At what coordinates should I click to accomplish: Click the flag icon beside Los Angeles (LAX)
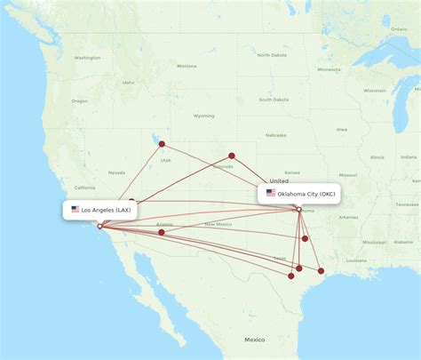(x=75, y=210)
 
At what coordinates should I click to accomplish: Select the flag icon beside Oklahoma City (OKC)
(x=271, y=193)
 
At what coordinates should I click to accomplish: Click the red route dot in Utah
(x=162, y=143)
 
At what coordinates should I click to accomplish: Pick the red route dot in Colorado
(x=232, y=156)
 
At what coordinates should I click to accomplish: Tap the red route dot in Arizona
(x=161, y=232)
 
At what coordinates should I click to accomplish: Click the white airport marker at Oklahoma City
(x=299, y=210)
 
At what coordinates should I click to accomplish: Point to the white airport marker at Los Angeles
(x=99, y=226)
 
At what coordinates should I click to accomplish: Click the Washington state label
(x=87, y=58)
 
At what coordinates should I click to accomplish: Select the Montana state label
(x=187, y=66)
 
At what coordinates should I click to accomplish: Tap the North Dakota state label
(x=272, y=55)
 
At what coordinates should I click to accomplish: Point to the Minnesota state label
(x=330, y=71)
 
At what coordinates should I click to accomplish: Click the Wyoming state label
(x=203, y=116)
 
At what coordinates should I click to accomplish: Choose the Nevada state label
(x=116, y=172)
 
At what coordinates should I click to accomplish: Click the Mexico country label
(x=255, y=340)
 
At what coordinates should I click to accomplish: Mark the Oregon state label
(x=80, y=100)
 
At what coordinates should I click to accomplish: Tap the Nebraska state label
(x=275, y=135)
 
